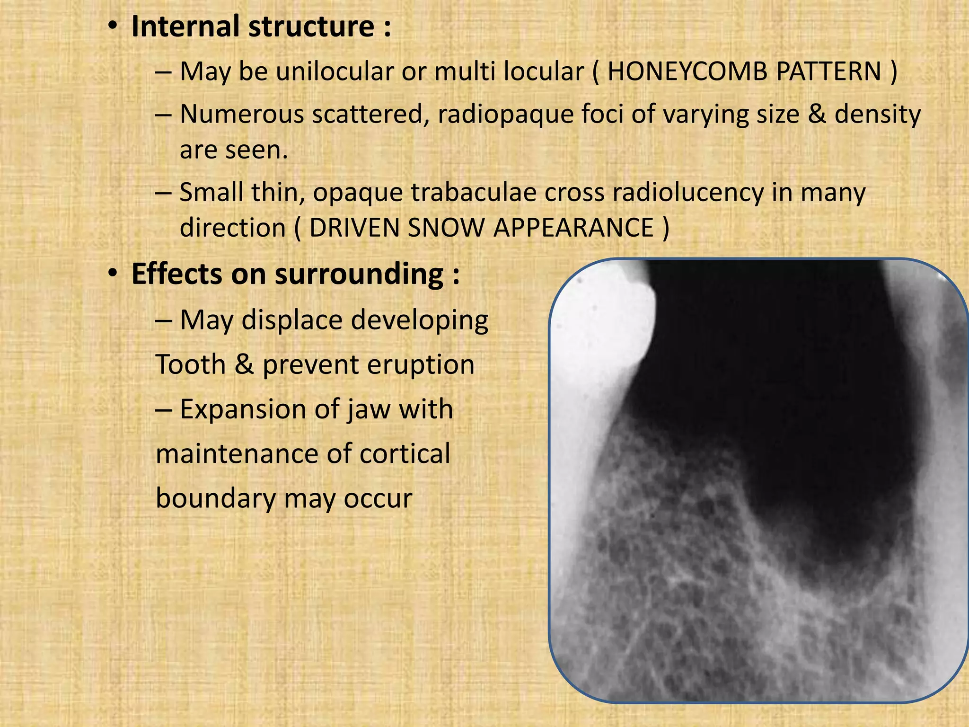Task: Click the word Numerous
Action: tap(242, 115)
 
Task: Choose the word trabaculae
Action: tap(473, 193)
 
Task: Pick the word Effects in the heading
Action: tap(176, 274)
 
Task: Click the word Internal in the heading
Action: tap(185, 27)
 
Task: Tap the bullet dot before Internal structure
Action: tap(112, 27)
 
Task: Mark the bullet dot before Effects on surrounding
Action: tap(112, 274)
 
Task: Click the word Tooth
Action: tap(191, 365)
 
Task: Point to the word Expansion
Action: tap(243, 409)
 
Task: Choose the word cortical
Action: tap(405, 454)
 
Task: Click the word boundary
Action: tap(216, 498)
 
